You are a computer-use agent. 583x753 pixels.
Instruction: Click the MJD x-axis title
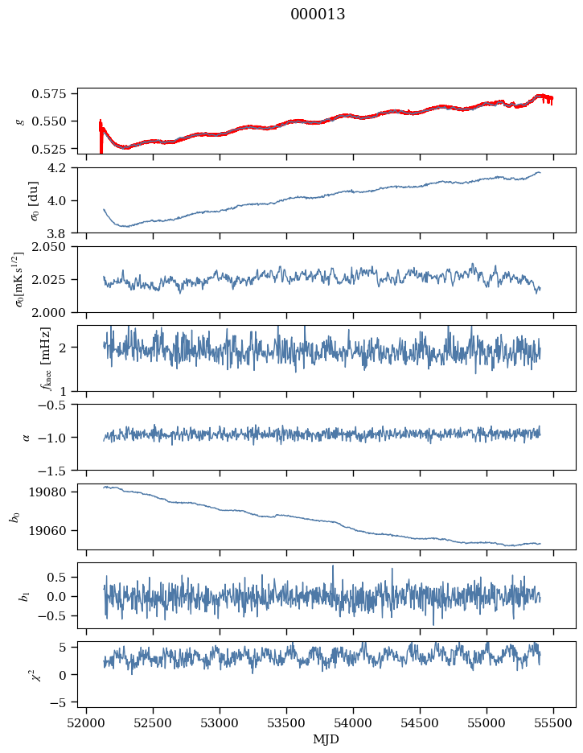pos(326,739)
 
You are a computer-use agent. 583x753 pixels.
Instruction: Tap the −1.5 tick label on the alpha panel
pos(59,469)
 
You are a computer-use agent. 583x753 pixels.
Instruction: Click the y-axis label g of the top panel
pos(20,121)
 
